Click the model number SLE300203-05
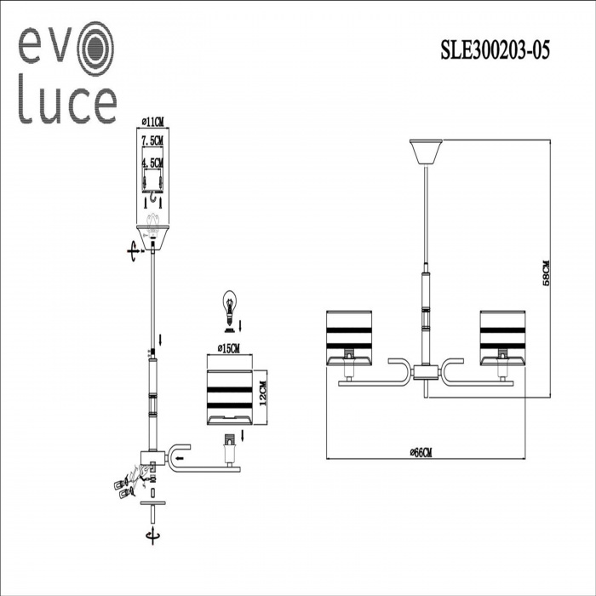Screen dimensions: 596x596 [495, 50]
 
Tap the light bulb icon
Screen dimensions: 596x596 [227, 305]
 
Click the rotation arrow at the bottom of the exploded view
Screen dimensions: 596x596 [152, 536]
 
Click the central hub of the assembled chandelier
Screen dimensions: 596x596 [423, 373]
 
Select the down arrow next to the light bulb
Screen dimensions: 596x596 [241, 324]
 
